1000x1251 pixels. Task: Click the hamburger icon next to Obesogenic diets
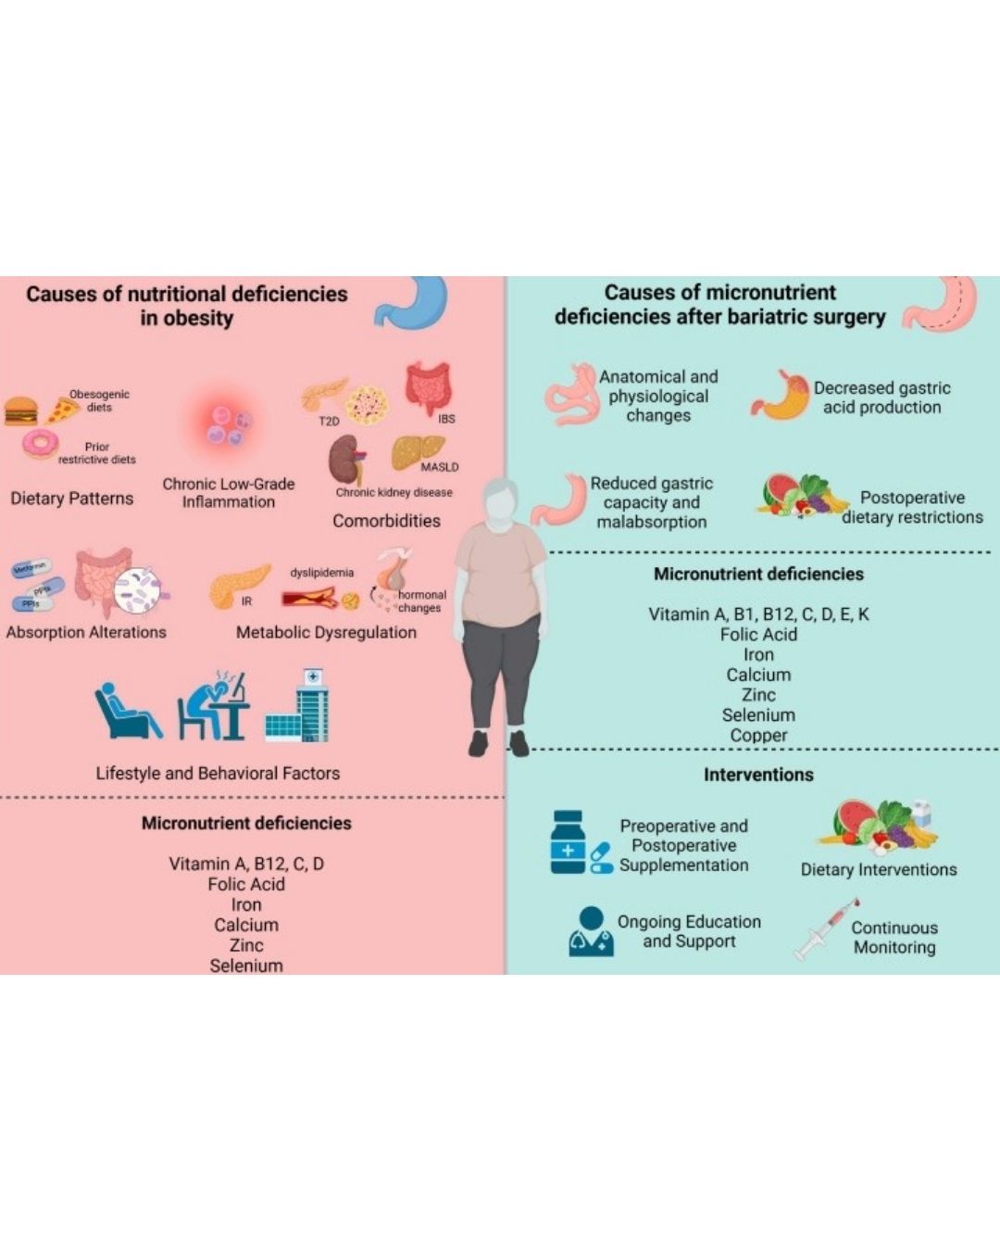(20, 411)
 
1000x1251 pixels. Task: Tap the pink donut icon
(39, 446)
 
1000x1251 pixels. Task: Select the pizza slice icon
(62, 410)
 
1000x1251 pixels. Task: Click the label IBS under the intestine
(446, 419)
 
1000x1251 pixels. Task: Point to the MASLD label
(439, 467)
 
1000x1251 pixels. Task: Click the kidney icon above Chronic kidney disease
(346, 458)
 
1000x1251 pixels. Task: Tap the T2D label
(329, 422)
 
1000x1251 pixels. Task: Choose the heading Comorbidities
(386, 521)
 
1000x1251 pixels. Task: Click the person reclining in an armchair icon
(128, 712)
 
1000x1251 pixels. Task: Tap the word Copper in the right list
(758, 735)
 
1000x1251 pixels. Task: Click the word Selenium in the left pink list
(246, 965)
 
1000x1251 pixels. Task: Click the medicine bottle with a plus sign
(568, 841)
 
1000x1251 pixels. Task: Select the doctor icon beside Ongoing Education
(590, 932)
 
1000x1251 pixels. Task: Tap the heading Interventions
(758, 775)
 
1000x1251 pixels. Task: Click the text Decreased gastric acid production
(881, 398)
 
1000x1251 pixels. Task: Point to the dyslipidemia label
(321, 573)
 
